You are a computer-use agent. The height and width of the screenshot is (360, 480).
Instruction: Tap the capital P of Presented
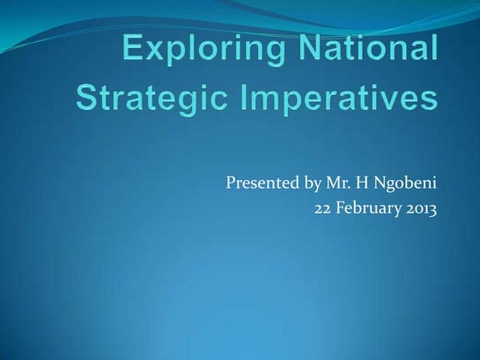click(231, 183)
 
